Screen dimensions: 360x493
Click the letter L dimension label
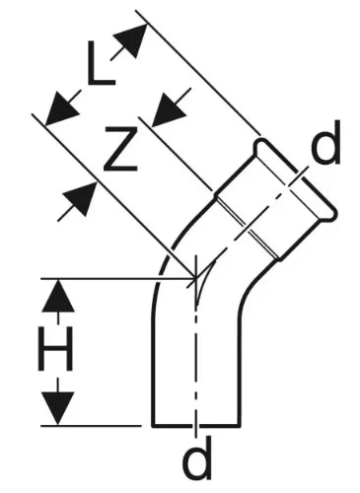[x=101, y=65]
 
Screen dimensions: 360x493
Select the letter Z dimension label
[x=120, y=149]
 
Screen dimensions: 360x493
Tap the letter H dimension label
[x=55, y=348]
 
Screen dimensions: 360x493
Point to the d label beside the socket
[x=325, y=142]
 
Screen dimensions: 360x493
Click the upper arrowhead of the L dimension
[x=131, y=40]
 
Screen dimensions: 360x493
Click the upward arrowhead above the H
[x=58, y=296]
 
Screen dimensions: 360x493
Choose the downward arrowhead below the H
[x=58, y=408]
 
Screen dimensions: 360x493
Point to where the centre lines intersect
[x=196, y=279]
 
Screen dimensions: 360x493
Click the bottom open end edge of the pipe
[x=196, y=426]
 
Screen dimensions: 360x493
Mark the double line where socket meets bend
[x=247, y=228]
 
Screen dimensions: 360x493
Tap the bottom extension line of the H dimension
[x=91, y=426]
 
